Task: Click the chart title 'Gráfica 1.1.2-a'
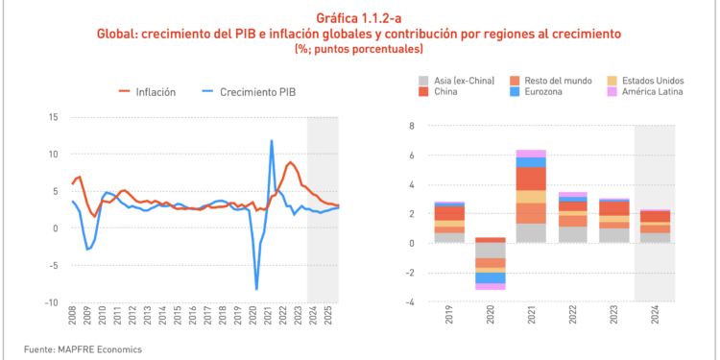[x=359, y=17]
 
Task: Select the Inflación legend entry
[x=147, y=92]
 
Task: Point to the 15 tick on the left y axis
[x=52, y=117]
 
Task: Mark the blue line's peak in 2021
[x=272, y=141]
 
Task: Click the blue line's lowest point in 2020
[x=256, y=289]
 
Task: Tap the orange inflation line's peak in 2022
[x=290, y=162]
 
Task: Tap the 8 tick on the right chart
[x=410, y=126]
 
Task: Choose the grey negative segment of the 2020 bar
[x=491, y=250]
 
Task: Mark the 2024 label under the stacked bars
[x=656, y=317]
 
